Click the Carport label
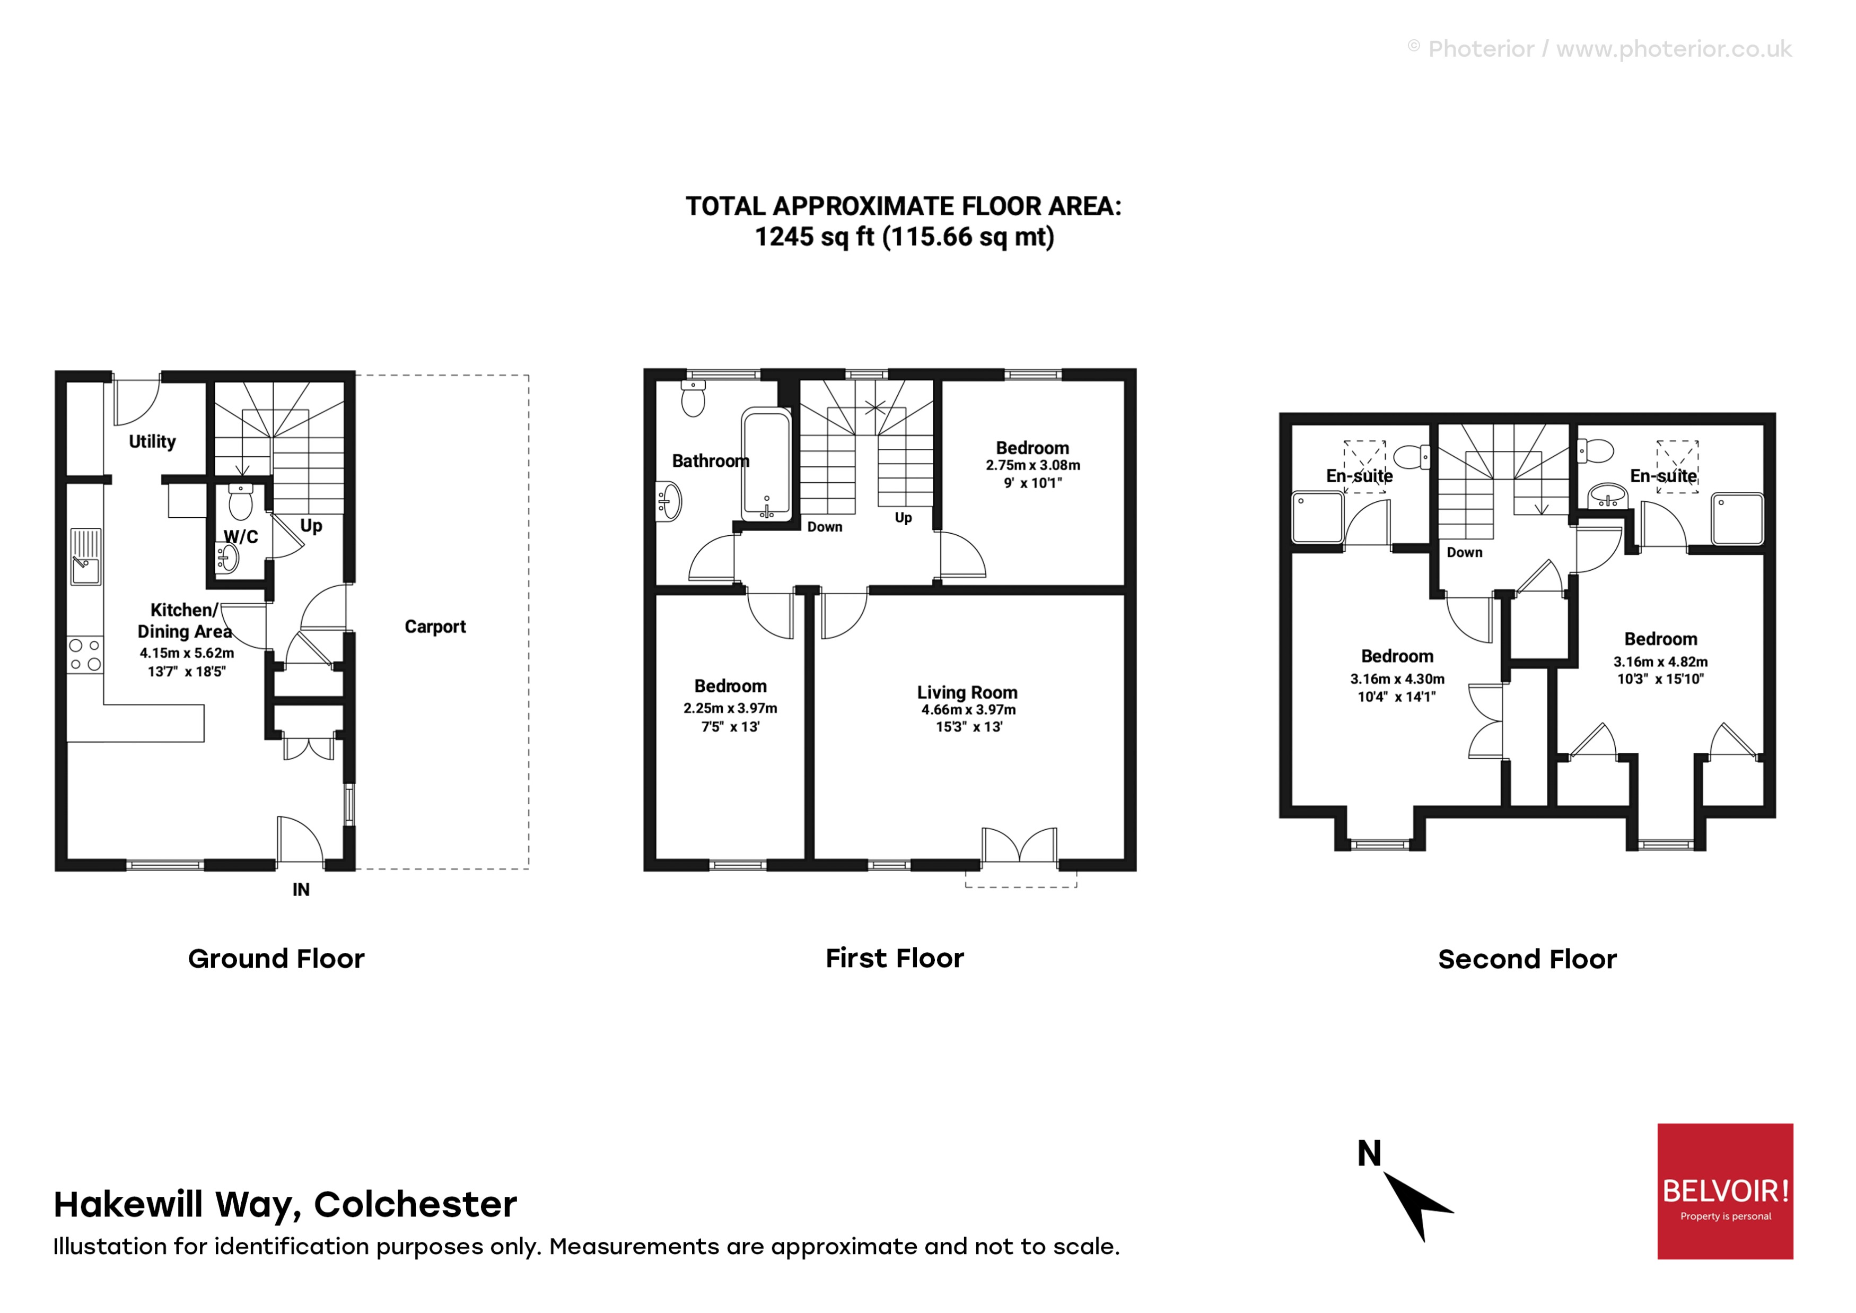click(x=435, y=627)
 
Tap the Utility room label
click(x=152, y=441)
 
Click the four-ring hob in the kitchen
click(x=85, y=655)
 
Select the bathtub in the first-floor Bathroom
click(x=766, y=465)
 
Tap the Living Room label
click(x=967, y=692)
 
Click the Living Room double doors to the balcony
click(x=1019, y=847)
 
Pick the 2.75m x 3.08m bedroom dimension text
click(x=1032, y=466)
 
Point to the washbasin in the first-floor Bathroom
click(x=669, y=501)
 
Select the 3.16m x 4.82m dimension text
click(x=1660, y=662)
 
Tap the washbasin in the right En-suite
click(x=1607, y=495)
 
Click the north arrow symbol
click(x=1416, y=1205)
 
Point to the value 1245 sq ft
click(x=814, y=238)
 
